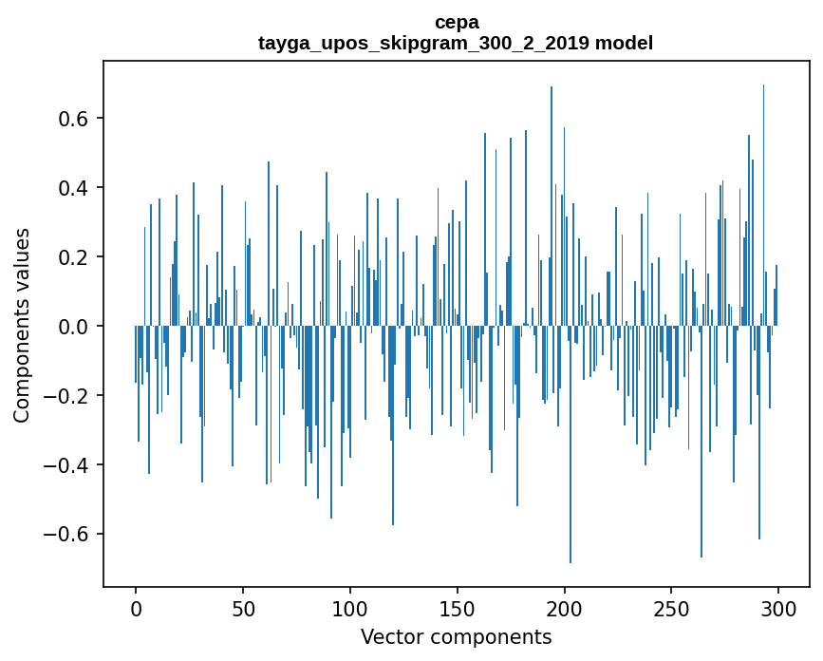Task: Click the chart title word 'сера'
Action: click(456, 22)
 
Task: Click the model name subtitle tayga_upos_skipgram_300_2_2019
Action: click(456, 43)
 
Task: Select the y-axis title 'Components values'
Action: click(22, 325)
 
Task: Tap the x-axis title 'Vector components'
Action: click(456, 636)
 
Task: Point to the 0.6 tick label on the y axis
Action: click(69, 119)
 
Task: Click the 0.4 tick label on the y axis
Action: click(69, 188)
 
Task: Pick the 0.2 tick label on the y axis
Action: click(69, 257)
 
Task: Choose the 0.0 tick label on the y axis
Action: click(69, 327)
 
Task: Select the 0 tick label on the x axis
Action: click(136, 608)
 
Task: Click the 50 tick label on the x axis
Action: click(243, 608)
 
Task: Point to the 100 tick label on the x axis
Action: click(350, 608)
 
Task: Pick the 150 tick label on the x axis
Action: click(458, 608)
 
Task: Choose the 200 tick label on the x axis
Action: click(565, 608)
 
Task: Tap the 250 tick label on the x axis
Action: click(672, 608)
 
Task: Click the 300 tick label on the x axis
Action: click(779, 608)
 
